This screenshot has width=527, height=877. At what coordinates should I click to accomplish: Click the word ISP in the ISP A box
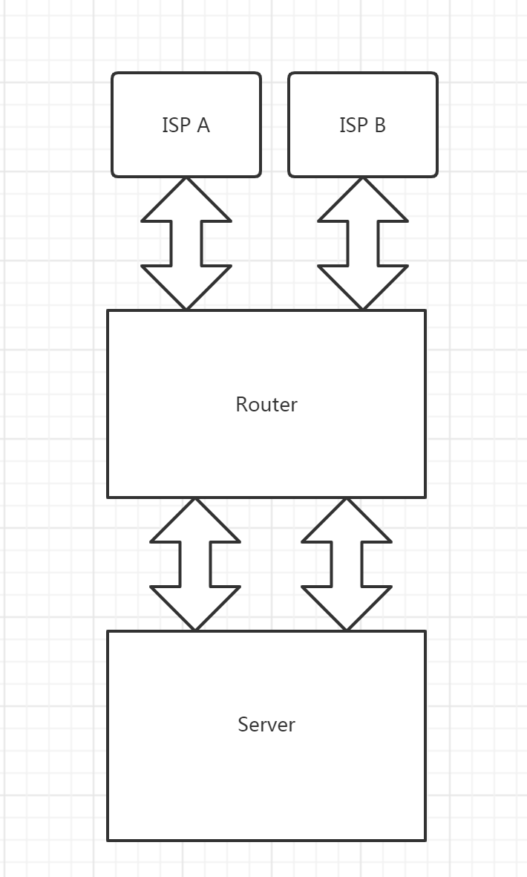point(177,125)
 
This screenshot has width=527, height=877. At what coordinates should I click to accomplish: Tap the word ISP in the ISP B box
point(353,125)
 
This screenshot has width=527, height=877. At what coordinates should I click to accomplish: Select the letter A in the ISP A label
point(203,125)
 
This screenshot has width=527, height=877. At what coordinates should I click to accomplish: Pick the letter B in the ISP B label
point(379,125)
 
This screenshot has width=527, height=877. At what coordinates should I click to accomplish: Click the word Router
point(266,405)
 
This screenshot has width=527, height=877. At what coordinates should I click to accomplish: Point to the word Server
point(266,725)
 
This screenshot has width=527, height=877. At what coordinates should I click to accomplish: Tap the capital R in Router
point(242,405)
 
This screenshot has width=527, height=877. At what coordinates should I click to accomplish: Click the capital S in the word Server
point(243,725)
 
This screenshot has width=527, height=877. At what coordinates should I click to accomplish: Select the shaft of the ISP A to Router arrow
point(186,243)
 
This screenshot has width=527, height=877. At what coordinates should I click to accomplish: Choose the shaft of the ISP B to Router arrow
point(363,243)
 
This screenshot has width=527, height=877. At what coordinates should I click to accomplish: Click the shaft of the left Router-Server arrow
point(195,564)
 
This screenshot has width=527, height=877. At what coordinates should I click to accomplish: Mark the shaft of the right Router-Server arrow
point(347,564)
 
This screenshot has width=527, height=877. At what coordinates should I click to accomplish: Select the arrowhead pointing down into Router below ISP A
point(186,284)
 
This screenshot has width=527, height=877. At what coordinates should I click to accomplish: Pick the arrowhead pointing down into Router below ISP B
point(363,284)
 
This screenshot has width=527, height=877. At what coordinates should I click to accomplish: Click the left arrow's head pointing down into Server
point(195,605)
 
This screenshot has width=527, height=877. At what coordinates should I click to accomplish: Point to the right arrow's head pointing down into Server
point(347,605)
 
